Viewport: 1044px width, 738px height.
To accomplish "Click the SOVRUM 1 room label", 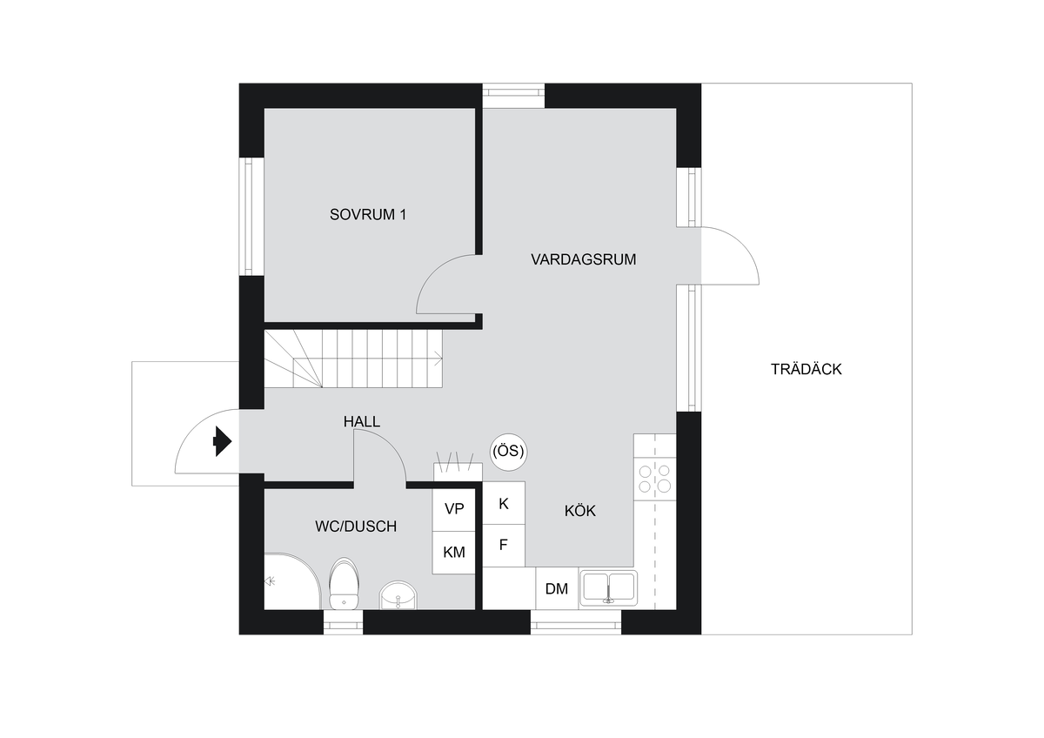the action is (368, 214).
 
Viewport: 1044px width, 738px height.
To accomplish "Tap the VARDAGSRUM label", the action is (583, 259).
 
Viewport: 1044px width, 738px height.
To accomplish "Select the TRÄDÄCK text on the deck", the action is (806, 369).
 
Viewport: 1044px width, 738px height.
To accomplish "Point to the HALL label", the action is (362, 422).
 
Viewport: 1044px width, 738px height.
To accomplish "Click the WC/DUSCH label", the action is (356, 527).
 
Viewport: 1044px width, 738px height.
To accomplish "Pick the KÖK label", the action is (579, 511).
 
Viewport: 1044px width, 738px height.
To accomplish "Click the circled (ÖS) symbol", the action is (508, 452).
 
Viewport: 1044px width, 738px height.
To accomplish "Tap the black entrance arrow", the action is (223, 441).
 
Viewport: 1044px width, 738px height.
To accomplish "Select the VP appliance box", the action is (454, 509).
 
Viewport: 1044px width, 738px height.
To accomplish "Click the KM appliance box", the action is (454, 553).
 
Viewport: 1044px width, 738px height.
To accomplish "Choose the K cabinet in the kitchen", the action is (504, 503).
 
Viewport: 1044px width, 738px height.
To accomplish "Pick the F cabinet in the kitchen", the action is (504, 546).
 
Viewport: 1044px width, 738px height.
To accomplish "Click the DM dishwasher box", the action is (557, 588).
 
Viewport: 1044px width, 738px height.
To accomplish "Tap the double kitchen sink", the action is (609, 587).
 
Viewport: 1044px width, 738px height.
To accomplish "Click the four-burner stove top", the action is (655, 479).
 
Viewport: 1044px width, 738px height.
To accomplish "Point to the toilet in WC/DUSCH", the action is (344, 583).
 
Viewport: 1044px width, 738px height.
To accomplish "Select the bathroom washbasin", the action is (398, 595).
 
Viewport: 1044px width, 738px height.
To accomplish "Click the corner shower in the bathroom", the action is (292, 581).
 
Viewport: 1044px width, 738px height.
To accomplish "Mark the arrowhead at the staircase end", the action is (438, 359).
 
